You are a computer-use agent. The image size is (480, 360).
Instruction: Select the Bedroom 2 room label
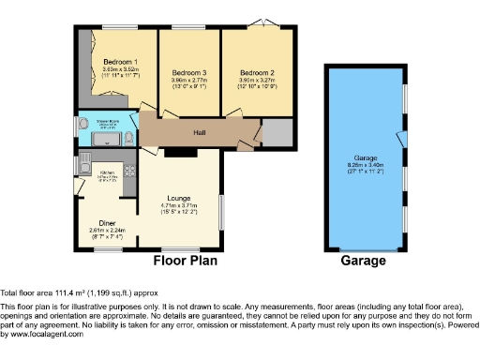click(x=256, y=73)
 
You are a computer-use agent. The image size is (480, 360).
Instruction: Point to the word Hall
click(x=200, y=133)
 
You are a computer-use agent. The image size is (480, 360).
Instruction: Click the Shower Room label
click(x=107, y=122)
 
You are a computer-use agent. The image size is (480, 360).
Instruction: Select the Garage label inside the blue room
click(x=366, y=157)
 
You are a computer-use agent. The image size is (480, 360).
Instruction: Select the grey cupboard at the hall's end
click(x=277, y=133)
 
